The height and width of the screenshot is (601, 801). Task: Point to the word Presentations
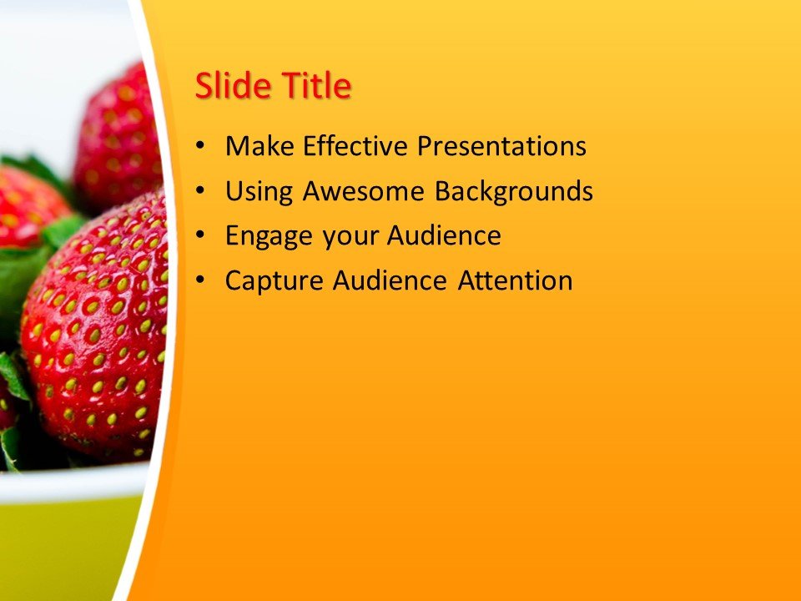501,147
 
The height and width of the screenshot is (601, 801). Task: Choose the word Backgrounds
513,192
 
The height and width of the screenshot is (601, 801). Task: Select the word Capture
275,281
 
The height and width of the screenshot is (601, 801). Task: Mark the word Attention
515,280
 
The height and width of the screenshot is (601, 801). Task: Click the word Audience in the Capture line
390,280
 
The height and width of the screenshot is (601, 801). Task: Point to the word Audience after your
443,236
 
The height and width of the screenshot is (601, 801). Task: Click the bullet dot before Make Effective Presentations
199,148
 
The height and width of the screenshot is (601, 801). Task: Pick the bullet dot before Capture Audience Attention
199,281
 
